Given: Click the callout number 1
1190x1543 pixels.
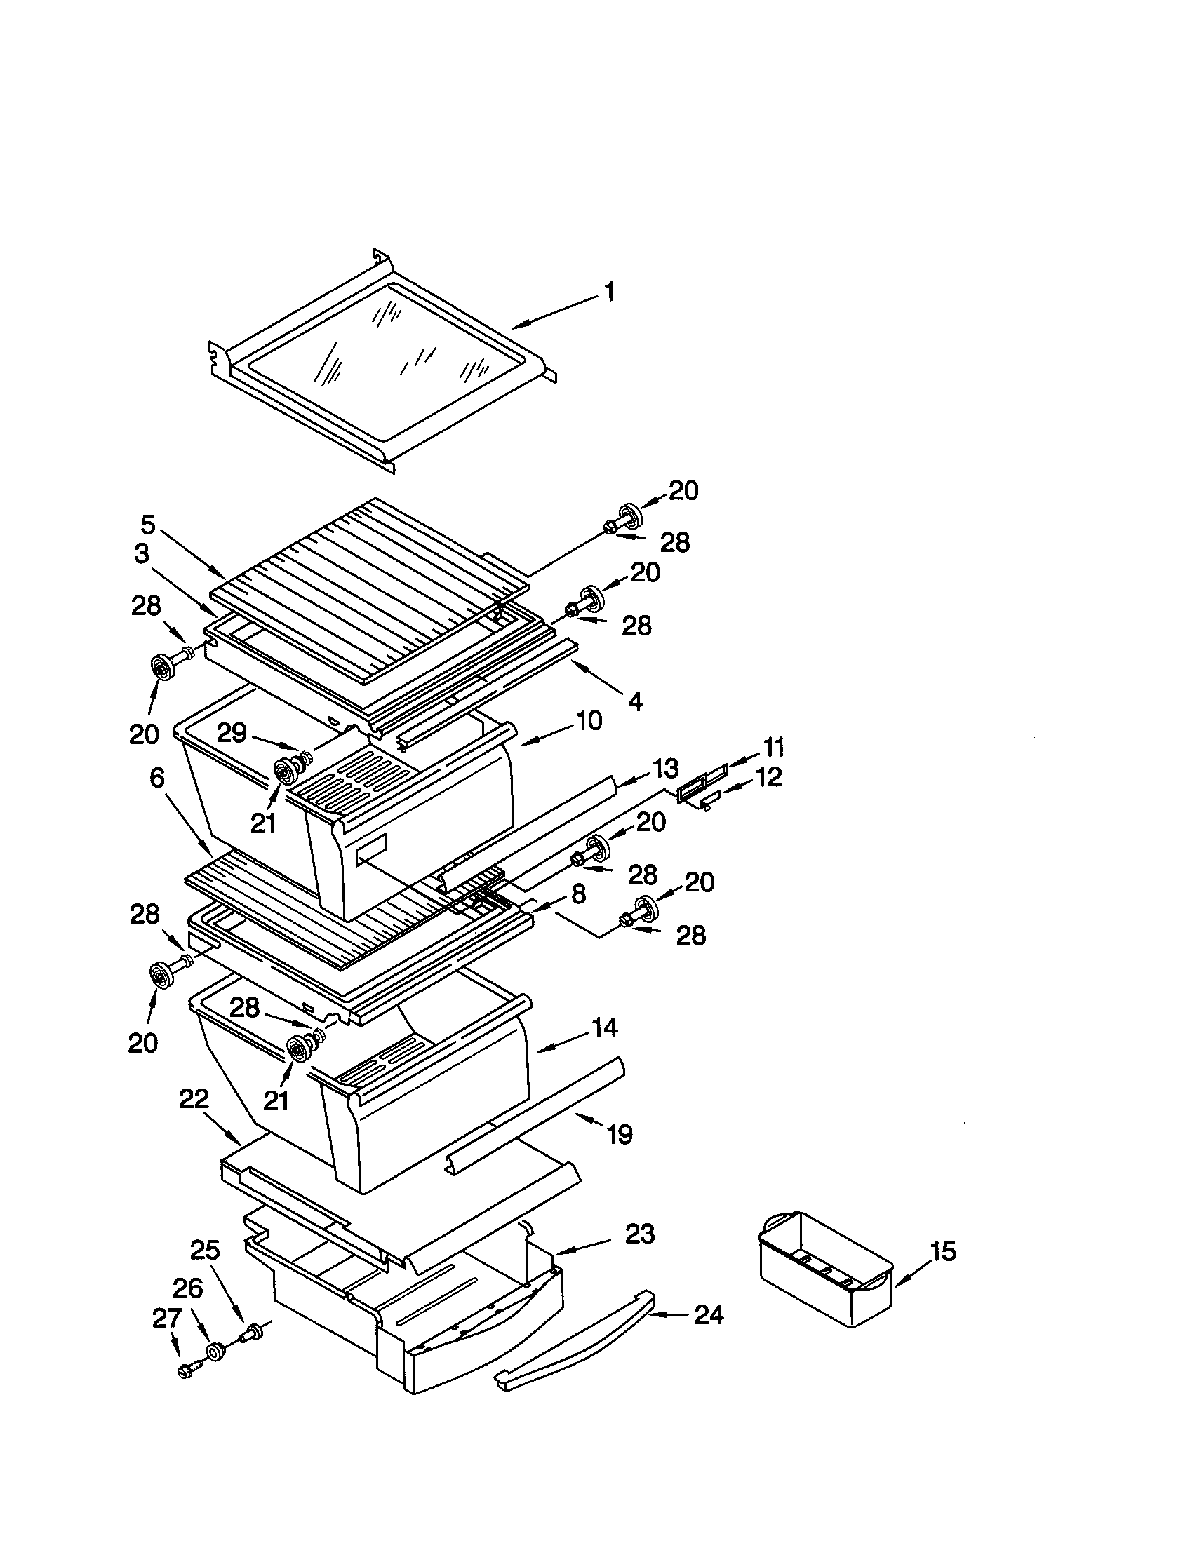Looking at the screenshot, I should (608, 292).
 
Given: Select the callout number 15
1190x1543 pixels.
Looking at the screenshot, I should (943, 1253).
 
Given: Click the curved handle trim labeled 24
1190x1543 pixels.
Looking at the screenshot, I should (573, 1340).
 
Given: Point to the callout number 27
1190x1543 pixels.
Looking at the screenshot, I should (167, 1319).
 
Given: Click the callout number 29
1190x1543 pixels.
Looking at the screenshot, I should (231, 734).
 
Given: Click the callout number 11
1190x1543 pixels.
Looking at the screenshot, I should (774, 747).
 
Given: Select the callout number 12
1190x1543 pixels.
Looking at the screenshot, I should (769, 778).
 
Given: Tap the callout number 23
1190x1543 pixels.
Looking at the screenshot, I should (639, 1234).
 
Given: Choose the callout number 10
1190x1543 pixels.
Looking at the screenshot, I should (588, 720).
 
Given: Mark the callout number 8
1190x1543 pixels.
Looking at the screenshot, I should (578, 894).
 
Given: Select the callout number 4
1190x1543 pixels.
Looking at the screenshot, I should (634, 701).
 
